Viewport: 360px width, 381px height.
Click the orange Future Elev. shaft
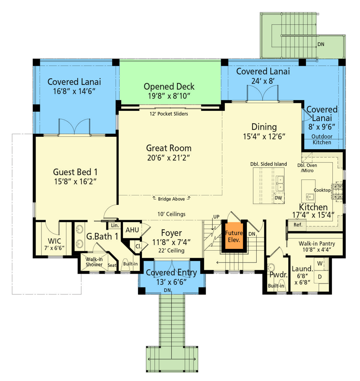234,236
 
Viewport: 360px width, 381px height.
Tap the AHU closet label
132,230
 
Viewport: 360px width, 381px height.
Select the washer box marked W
320,263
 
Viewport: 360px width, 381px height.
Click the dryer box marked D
320,277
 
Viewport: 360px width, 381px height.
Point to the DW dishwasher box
279,198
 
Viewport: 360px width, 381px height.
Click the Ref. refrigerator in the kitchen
297,225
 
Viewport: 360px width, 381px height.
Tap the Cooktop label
322,190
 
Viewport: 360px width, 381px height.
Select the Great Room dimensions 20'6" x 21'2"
169,158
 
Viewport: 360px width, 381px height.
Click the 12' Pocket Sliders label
169,114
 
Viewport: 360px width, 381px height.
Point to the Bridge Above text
172,199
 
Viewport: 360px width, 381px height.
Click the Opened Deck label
169,86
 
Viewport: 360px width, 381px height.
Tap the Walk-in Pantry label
317,243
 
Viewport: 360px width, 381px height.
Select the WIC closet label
55,241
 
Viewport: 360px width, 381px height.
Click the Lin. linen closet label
115,225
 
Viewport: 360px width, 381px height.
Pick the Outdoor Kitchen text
322,139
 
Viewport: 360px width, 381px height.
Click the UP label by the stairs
216,217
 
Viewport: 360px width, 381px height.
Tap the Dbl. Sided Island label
269,164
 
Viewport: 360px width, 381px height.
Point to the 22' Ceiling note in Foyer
172,251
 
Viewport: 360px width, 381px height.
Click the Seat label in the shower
112,265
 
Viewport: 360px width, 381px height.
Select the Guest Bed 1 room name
75,172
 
